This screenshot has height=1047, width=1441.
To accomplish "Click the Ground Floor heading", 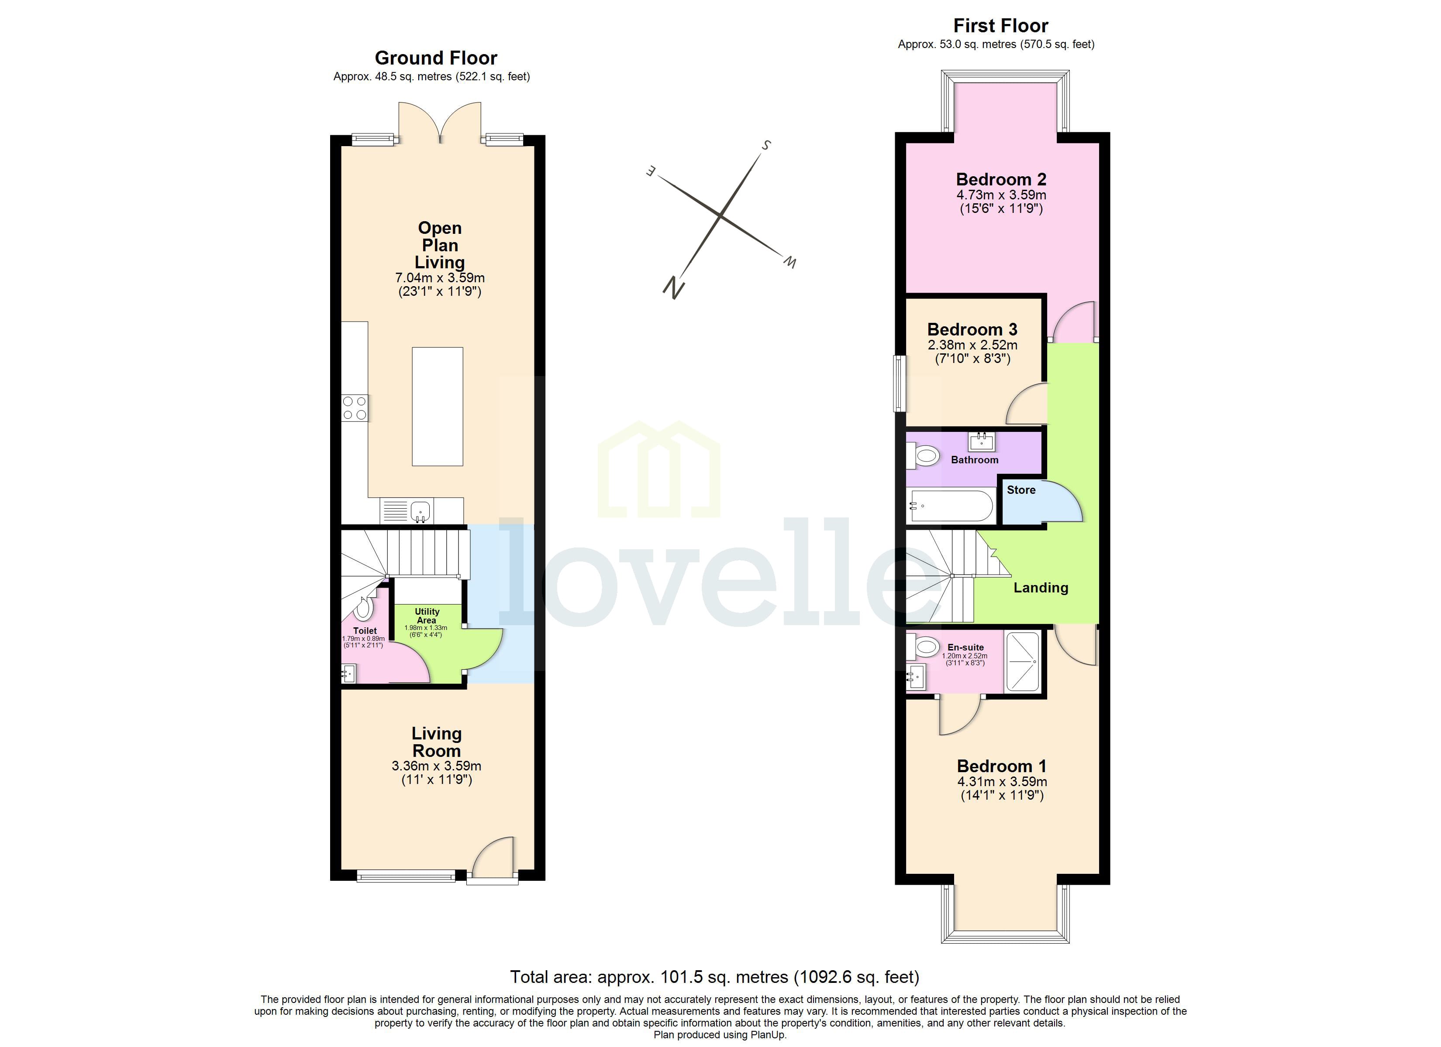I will click(x=435, y=58).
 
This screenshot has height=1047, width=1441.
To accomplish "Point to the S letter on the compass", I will click(x=766, y=145).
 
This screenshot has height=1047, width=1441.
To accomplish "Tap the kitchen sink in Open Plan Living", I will click(x=420, y=510).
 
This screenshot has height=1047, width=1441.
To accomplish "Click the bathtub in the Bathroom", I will click(x=951, y=506).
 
